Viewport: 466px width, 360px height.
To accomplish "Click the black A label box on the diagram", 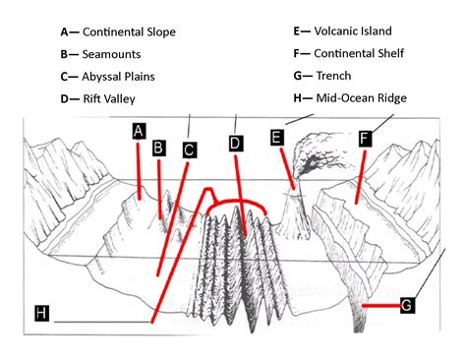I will (139, 131).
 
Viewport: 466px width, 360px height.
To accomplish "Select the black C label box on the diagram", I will (190, 150).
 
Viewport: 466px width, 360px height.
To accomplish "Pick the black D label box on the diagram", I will (236, 144).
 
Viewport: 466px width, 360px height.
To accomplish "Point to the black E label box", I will (276, 138).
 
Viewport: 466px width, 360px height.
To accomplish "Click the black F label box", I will (365, 138).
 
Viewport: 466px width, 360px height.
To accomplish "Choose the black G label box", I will (406, 306).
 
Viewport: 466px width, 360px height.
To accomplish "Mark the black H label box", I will (41, 313).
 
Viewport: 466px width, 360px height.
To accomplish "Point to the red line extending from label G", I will (379, 306).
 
